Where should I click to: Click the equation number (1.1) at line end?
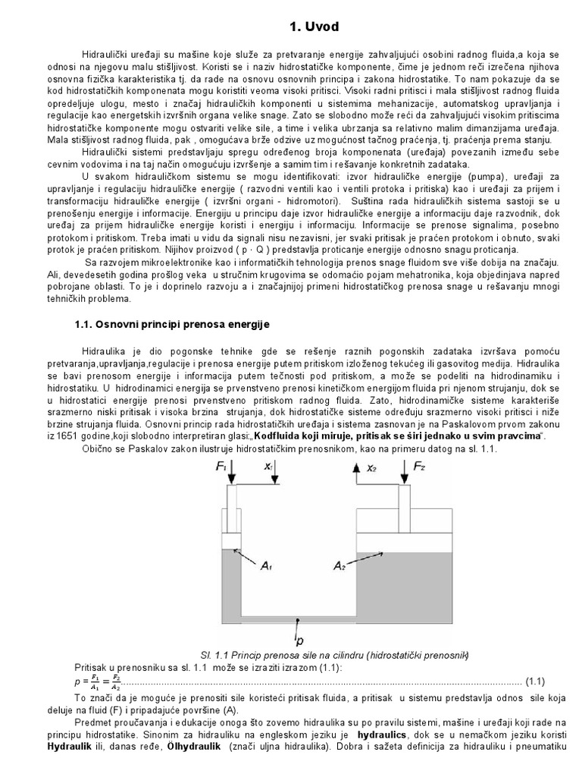[x=535, y=679]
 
